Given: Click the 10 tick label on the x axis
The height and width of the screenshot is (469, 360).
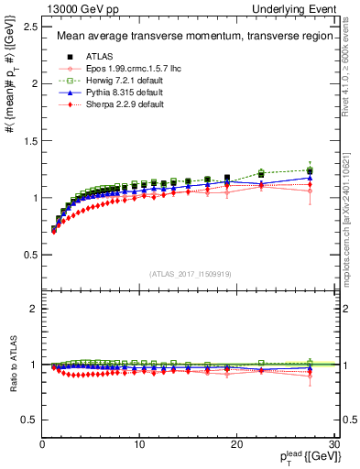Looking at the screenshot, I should [x=139, y=444].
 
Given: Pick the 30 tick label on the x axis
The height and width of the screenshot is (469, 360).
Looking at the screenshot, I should [x=333, y=444].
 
